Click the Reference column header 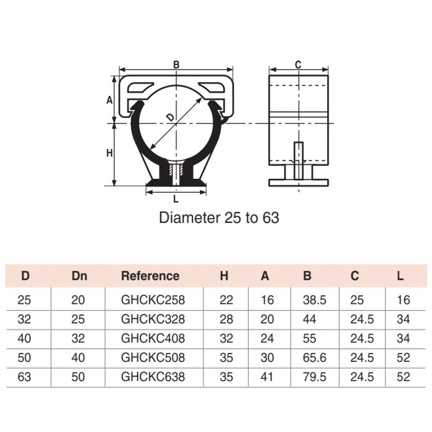pyautogui.click(x=150, y=276)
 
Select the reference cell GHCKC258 pyautogui.click(x=153, y=300)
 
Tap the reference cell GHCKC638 pyautogui.click(x=153, y=376)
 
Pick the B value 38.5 pyautogui.click(x=314, y=300)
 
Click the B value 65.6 pyautogui.click(x=314, y=357)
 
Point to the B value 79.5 pyautogui.click(x=314, y=376)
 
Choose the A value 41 pyautogui.click(x=267, y=376)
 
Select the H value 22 pyautogui.click(x=226, y=300)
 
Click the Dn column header pyautogui.click(x=79, y=276)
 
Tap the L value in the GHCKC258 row pyautogui.click(x=403, y=300)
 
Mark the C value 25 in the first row pyautogui.click(x=357, y=300)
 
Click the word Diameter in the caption pyautogui.click(x=190, y=218)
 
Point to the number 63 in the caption pyautogui.click(x=271, y=218)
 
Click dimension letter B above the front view pyautogui.click(x=177, y=64)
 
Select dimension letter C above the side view pyautogui.click(x=298, y=64)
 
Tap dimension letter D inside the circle pyautogui.click(x=171, y=118)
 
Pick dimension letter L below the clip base pyautogui.click(x=176, y=199)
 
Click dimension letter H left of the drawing pyautogui.click(x=110, y=153)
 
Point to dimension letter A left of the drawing pyautogui.click(x=110, y=100)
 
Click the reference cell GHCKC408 pyautogui.click(x=153, y=339)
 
